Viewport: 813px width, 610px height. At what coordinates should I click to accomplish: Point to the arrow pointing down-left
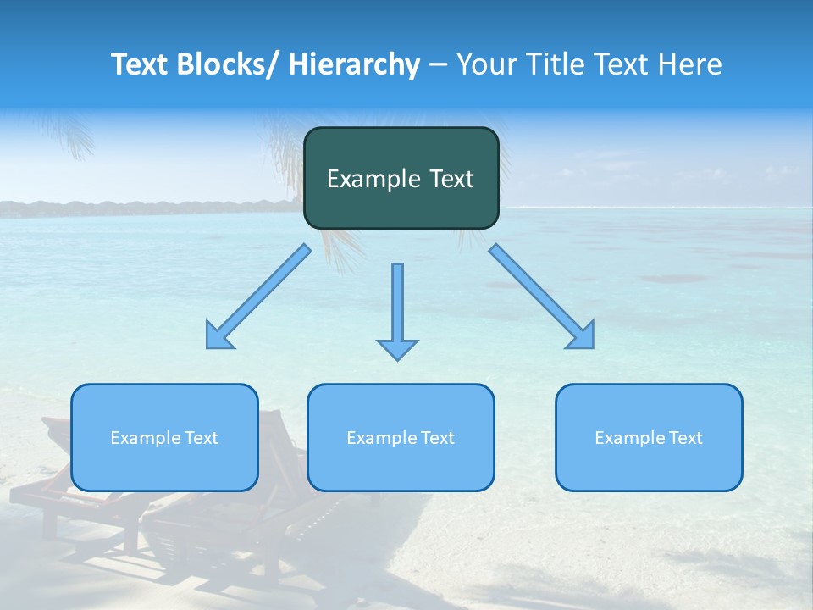pos(259,297)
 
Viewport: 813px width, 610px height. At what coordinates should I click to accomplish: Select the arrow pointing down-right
pos(542,297)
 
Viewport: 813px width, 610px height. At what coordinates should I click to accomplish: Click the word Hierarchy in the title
pos(354,64)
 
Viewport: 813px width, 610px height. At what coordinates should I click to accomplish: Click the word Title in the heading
pos(557,64)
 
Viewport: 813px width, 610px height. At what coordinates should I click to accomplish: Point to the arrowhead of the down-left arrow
pos(218,338)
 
